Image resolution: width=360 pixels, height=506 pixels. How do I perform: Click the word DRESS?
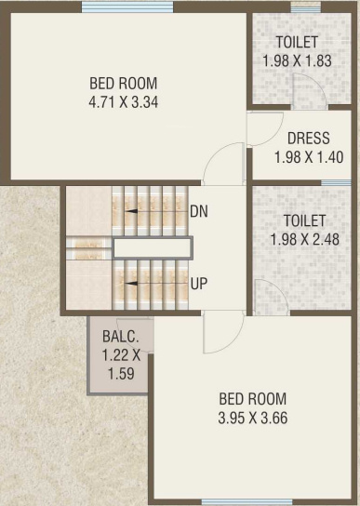click(x=308, y=139)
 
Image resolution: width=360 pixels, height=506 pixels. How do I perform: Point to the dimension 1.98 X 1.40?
click(x=308, y=157)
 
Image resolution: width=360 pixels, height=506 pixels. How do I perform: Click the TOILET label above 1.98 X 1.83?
click(x=298, y=42)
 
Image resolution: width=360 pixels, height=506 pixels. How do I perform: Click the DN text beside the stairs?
click(x=198, y=211)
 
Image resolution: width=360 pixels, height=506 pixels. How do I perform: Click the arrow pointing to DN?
click(x=154, y=211)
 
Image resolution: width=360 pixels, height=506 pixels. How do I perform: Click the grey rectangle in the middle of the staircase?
click(x=153, y=247)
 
